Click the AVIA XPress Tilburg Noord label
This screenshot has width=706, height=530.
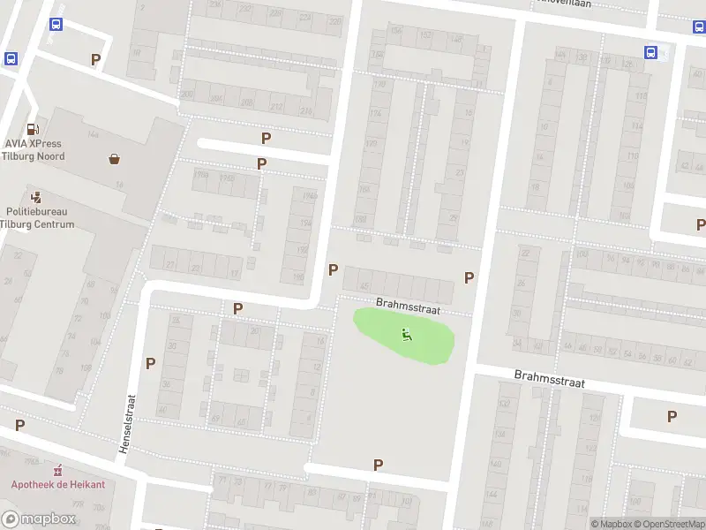click(x=34, y=149)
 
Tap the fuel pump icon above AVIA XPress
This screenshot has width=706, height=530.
click(x=34, y=128)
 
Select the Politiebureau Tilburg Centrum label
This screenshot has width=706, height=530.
click(x=40, y=217)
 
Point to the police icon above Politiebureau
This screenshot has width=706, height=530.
click(x=36, y=196)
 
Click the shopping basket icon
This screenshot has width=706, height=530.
click(x=115, y=159)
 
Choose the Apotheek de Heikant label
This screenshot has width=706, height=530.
click(x=57, y=484)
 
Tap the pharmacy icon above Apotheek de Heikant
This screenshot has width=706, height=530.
click(x=58, y=469)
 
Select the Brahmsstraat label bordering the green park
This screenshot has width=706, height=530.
click(x=407, y=306)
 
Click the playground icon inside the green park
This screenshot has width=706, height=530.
click(x=406, y=334)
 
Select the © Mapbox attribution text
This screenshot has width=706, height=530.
click(x=612, y=524)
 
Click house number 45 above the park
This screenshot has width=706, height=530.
click(x=364, y=286)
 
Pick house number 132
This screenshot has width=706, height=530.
click(x=505, y=402)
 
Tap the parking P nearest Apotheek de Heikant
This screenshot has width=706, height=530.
click(x=19, y=425)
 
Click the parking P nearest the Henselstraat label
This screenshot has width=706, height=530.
click(x=150, y=363)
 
